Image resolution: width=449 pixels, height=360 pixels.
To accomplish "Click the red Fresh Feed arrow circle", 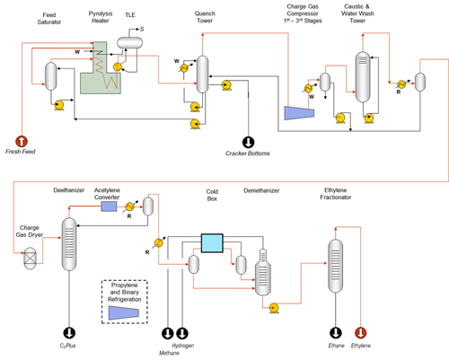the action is point(22,141).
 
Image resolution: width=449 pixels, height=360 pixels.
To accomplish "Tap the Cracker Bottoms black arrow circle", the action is point(248,142).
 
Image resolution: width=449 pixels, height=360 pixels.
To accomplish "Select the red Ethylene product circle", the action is point(361,332).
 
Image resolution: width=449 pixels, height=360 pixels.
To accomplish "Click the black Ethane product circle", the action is point(336,332).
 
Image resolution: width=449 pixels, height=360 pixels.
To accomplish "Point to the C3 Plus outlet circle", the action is point(69,332).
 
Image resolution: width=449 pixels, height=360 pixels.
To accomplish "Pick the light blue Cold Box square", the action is point(212,243).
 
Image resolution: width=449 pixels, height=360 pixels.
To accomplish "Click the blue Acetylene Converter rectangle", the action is point(109,206).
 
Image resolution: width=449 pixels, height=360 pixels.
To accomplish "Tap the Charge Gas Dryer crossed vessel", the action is point(30,258).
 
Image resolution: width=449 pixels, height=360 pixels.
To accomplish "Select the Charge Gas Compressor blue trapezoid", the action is point(299,113).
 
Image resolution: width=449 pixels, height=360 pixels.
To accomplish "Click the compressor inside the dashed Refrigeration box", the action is point(124,312).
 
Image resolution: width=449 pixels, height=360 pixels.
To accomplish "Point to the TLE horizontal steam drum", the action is point(129,42).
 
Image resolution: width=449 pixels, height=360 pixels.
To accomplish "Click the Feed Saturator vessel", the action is point(51,76).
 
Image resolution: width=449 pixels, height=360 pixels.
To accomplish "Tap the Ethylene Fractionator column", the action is point(336,266).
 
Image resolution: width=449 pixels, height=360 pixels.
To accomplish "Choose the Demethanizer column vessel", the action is point(263,273).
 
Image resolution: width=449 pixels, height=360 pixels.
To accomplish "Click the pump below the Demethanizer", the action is point(274,308).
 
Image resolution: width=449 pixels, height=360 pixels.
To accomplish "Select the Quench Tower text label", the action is point(205,17).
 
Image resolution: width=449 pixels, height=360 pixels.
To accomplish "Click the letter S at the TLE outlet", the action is point(142,29).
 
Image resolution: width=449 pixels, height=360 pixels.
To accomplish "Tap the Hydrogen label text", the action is point(183,346).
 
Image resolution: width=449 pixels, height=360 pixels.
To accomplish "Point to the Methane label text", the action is point(169,353).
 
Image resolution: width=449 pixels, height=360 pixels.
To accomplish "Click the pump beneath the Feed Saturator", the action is point(58,105).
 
